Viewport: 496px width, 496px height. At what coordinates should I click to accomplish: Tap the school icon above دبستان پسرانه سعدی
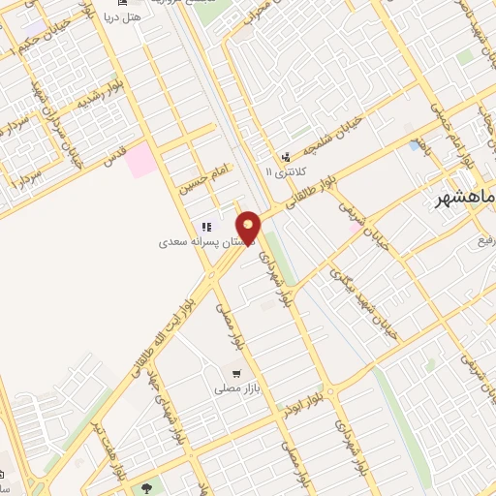coord(204,227)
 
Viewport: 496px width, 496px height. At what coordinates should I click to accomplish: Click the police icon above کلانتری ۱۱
coord(285,157)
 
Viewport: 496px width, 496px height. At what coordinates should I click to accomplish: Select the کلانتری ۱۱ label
coord(283,171)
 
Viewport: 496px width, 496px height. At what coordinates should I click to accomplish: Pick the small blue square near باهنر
coord(416,145)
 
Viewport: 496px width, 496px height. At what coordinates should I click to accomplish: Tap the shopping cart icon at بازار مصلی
coord(236,371)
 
